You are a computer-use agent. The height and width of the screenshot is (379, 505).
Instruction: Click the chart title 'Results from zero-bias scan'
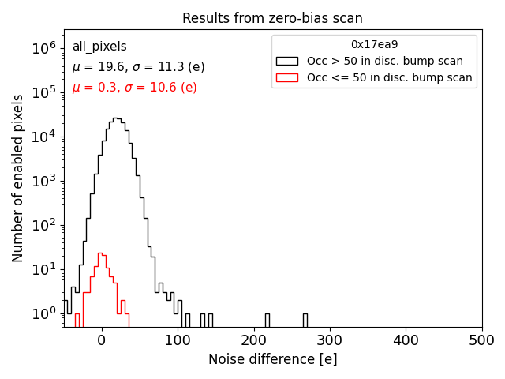pos(272,18)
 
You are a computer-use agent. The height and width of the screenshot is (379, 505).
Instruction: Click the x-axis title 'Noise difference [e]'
pos(272,359)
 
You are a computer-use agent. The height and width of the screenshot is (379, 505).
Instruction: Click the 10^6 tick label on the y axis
pos(43,49)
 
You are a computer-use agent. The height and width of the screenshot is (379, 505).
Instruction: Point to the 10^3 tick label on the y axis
pos(43,182)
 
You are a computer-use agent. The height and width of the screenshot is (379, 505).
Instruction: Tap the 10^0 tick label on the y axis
pos(43,314)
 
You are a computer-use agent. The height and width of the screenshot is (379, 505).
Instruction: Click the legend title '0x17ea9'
pos(374,44)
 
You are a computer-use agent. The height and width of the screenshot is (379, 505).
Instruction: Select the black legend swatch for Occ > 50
pos(287,61)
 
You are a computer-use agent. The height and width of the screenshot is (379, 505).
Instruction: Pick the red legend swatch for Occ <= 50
pos(287,77)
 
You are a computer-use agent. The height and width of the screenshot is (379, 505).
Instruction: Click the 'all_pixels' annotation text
pos(99,47)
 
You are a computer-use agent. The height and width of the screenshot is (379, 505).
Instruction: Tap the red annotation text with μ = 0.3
pos(134,88)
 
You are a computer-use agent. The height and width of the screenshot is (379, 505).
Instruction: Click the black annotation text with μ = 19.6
pos(138,67)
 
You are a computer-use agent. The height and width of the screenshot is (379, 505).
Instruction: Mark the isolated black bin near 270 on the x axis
pos(305,320)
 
